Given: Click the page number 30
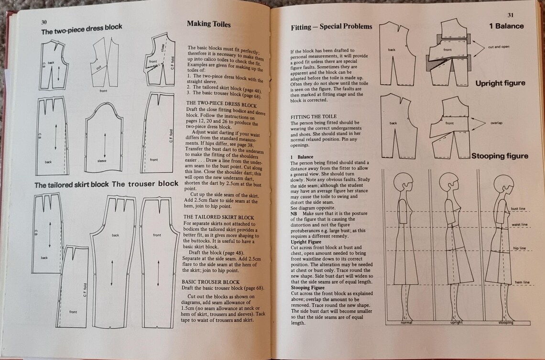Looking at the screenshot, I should click(44, 22).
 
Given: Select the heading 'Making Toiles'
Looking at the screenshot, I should click(208, 24).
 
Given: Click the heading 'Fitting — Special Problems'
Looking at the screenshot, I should click(331, 27).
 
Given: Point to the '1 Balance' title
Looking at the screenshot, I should click(506, 26).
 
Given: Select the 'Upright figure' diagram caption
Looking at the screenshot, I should click(500, 83).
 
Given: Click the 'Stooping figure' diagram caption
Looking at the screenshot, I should click(500, 156).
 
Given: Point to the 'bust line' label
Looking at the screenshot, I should click(518, 209).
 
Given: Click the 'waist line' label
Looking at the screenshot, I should click(519, 224).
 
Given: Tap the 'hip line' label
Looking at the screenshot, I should click(519, 248).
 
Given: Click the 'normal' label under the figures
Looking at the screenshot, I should click(406, 323).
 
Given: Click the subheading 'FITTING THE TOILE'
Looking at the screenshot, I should click(314, 117).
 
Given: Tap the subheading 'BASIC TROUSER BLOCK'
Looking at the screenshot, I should click(211, 282).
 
